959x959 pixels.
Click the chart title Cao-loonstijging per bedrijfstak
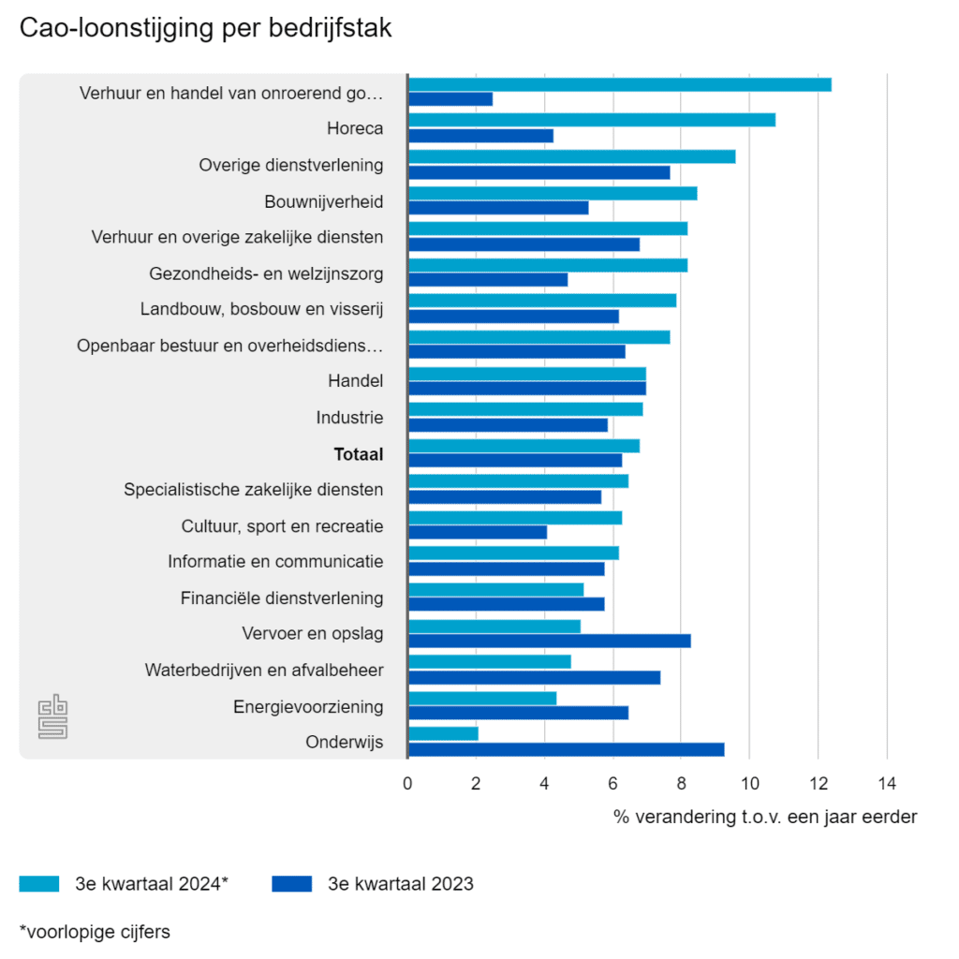[206, 29]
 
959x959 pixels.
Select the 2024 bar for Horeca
[592, 120]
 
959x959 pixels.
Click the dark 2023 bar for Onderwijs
[566, 749]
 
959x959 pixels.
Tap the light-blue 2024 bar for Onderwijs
[443, 733]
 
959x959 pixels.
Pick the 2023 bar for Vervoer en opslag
[549, 641]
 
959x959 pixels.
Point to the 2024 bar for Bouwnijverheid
[553, 193]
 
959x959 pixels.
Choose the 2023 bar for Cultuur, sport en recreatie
[478, 532]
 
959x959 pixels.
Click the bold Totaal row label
[359, 454]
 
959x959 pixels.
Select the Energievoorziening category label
[308, 706]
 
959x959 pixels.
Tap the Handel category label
[355, 381]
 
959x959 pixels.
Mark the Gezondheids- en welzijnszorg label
[266, 273]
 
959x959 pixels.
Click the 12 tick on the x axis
[818, 783]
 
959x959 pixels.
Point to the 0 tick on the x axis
[407, 783]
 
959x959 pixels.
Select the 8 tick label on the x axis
[681, 783]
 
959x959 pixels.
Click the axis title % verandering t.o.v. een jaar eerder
[765, 817]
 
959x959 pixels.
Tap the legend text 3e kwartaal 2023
[401, 883]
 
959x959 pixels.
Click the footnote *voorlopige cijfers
[95, 931]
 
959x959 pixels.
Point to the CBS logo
[53, 718]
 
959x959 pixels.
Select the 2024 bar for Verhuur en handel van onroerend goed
[620, 84]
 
